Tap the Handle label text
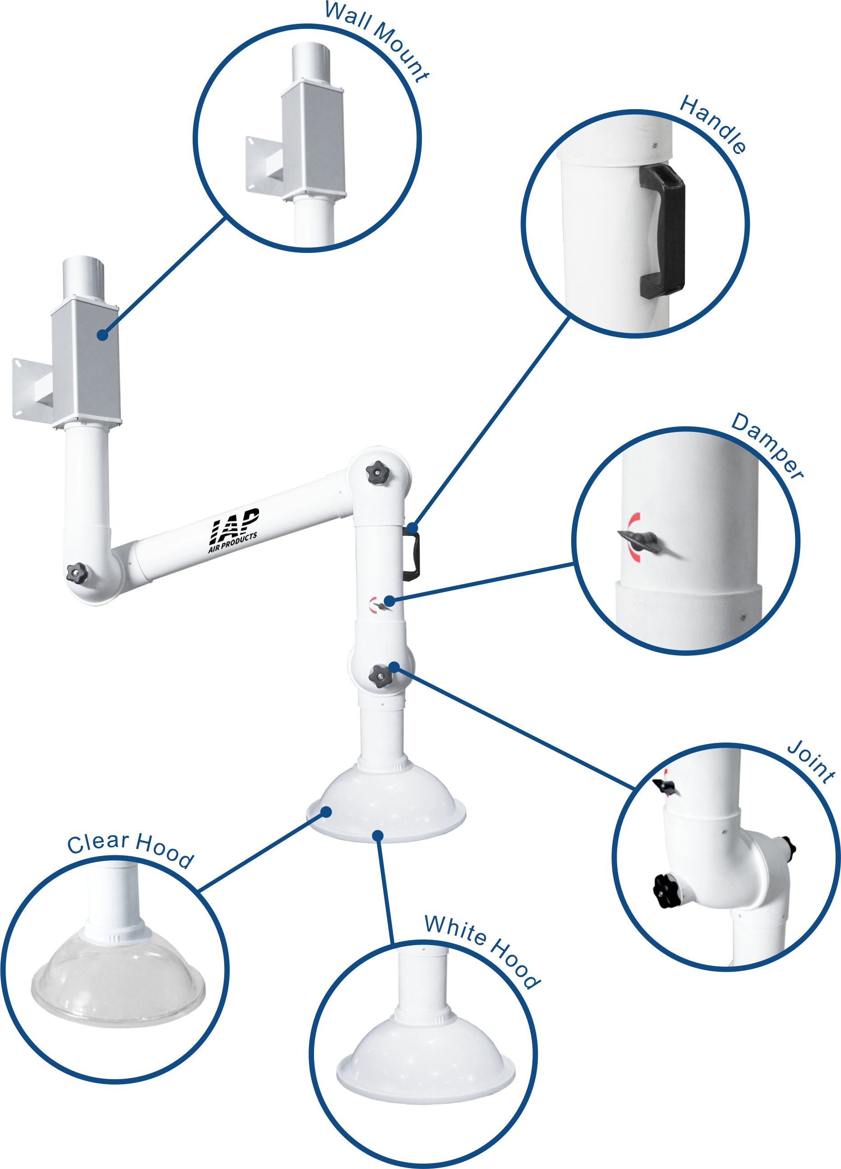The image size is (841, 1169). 713,124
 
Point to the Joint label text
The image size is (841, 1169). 811,762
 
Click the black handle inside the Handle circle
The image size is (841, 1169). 664,232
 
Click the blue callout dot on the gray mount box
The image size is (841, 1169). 102,335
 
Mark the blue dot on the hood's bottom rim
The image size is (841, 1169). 379,835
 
